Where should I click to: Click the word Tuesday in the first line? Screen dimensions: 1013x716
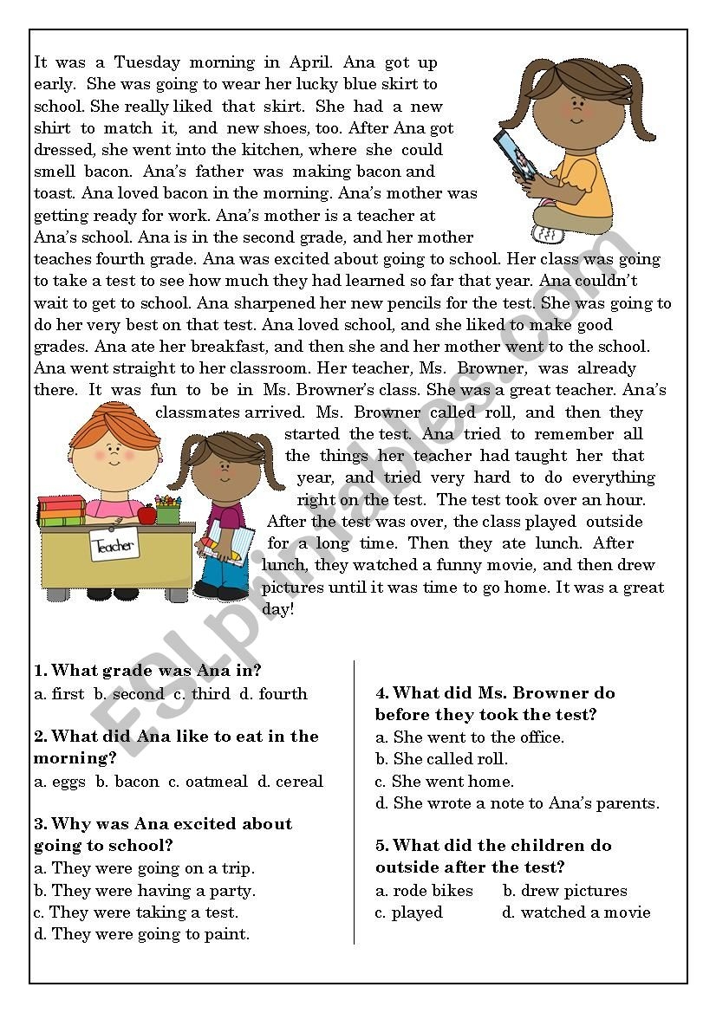coord(146,62)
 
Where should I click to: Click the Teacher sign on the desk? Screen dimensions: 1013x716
coord(114,546)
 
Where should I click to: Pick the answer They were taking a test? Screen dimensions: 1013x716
coord(136,912)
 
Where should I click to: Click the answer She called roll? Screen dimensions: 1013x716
coord(442,758)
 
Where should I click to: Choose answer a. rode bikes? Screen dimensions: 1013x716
coord(425,890)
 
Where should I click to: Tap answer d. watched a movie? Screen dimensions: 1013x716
coord(576,912)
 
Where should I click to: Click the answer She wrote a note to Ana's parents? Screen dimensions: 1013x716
coord(517,803)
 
